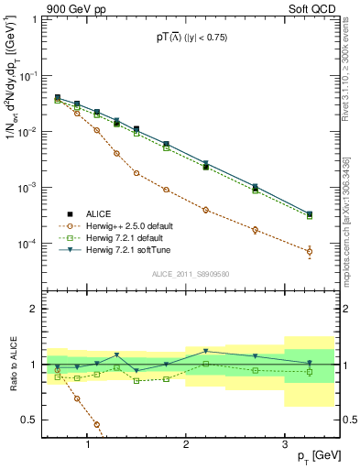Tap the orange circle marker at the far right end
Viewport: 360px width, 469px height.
click(309, 251)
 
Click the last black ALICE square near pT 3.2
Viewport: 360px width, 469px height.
click(309, 214)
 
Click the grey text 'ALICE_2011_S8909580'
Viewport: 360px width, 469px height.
click(190, 274)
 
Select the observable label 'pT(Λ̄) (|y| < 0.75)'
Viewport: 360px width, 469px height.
click(190, 38)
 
